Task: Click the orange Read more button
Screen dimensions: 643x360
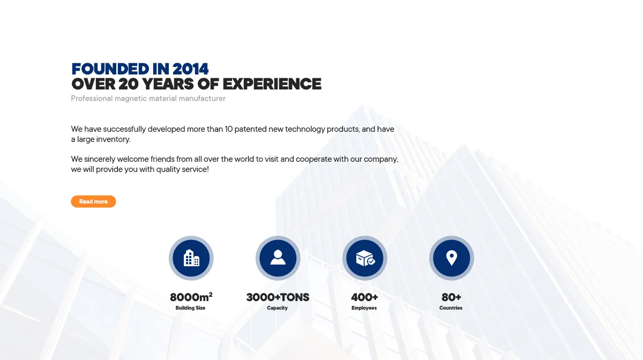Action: click(93, 201)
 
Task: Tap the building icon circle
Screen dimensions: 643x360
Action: click(191, 258)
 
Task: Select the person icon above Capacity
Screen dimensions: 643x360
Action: click(278, 257)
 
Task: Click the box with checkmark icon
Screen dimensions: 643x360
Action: click(365, 258)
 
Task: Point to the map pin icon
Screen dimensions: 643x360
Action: click(452, 258)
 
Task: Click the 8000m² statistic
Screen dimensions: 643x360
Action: click(191, 297)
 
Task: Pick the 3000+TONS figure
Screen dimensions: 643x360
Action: click(278, 297)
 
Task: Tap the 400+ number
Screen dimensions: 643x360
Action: click(364, 297)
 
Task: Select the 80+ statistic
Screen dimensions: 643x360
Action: click(451, 297)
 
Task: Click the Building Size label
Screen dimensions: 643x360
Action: click(190, 308)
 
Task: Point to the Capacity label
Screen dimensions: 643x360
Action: click(278, 308)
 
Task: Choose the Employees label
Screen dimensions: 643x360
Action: click(364, 308)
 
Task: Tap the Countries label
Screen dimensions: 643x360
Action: click(451, 308)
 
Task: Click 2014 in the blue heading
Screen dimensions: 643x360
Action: click(190, 69)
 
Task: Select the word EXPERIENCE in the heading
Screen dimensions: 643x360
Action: click(272, 84)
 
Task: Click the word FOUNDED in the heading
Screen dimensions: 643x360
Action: click(110, 69)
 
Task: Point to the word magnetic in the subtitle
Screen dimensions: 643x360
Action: click(131, 99)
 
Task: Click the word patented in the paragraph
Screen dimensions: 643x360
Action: click(251, 129)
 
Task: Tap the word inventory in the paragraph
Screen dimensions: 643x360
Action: click(113, 139)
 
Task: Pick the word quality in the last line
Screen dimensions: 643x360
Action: click(168, 169)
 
